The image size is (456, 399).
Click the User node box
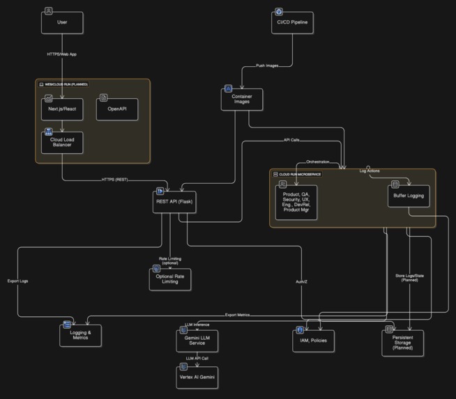click(62, 22)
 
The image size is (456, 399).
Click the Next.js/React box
click(62, 109)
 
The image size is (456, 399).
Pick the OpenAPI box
click(116, 109)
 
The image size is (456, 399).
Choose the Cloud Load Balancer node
click(62, 142)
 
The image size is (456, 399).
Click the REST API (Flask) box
click(174, 201)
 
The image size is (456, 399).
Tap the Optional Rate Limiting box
click(169, 279)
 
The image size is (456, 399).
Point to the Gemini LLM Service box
click(197, 340)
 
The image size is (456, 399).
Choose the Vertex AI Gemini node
click(197, 377)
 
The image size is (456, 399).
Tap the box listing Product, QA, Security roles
click(296, 203)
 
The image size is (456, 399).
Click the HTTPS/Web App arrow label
click(62, 54)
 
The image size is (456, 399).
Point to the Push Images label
click(262, 65)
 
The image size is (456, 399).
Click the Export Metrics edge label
click(238, 315)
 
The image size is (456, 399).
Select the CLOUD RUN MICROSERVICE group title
click(301, 173)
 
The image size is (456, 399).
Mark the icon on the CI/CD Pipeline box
click(279, 12)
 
